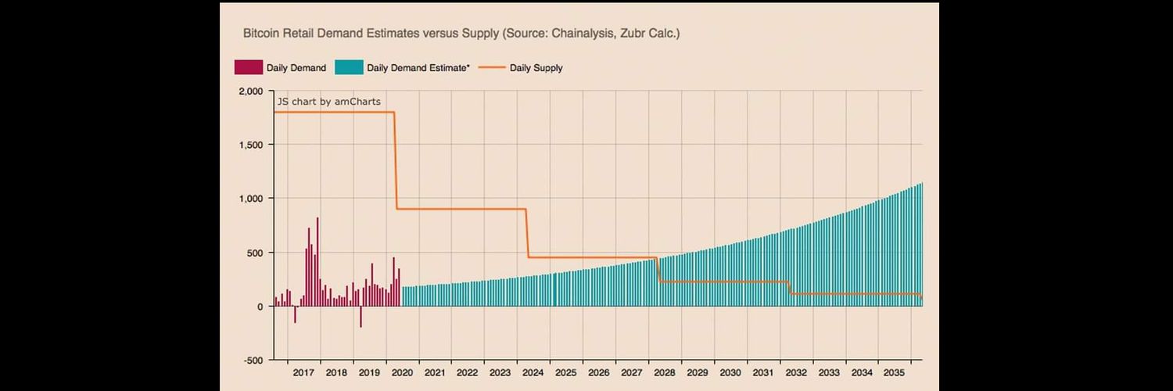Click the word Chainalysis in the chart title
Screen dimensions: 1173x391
click(583, 34)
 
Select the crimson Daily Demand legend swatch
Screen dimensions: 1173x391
click(248, 67)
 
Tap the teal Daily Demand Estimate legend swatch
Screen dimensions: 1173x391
click(349, 67)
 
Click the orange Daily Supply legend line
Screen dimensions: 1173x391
click(492, 67)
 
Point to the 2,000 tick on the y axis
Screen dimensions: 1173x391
click(251, 91)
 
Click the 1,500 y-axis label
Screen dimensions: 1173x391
click(251, 145)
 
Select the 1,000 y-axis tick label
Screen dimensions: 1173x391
click(251, 199)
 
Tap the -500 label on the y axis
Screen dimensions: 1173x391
click(253, 361)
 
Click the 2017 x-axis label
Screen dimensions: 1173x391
click(303, 373)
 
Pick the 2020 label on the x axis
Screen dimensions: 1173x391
click(402, 373)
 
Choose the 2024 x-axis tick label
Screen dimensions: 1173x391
click(533, 373)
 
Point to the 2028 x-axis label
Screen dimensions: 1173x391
click(665, 373)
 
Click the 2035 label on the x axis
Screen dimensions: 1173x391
click(894, 373)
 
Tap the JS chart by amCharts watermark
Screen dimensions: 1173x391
click(329, 102)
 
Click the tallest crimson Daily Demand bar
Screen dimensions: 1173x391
click(317, 262)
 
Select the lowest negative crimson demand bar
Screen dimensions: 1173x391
click(361, 317)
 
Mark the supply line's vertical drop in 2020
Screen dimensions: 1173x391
click(396, 160)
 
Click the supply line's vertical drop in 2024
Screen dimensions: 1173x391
click(527, 234)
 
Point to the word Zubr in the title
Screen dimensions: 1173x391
click(633, 34)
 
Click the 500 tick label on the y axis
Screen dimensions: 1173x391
click(255, 253)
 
